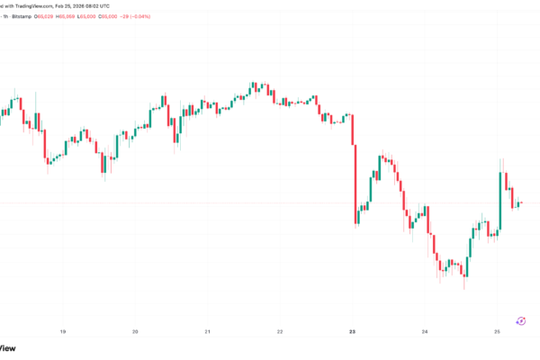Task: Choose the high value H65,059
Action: tap(95, 16)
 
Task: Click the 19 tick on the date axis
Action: tap(62, 332)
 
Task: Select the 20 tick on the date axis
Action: tap(135, 332)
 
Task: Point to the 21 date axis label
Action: tap(207, 332)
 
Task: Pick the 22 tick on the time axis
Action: tap(280, 332)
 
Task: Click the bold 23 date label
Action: tap(353, 332)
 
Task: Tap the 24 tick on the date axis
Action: tap(425, 332)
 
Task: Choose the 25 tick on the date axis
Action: tap(498, 332)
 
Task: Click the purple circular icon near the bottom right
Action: tap(520, 319)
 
